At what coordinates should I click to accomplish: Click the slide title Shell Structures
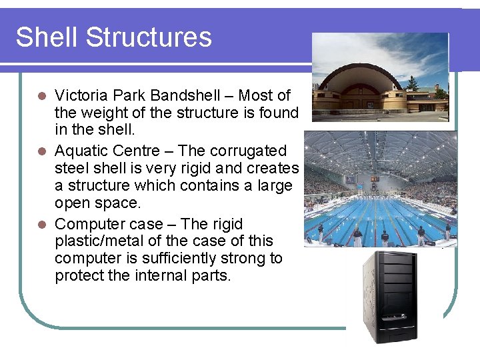[x=113, y=37]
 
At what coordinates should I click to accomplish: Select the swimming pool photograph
[x=380, y=189]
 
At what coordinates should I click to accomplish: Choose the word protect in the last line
[x=79, y=276]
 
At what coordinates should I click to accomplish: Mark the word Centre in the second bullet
[x=131, y=151]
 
